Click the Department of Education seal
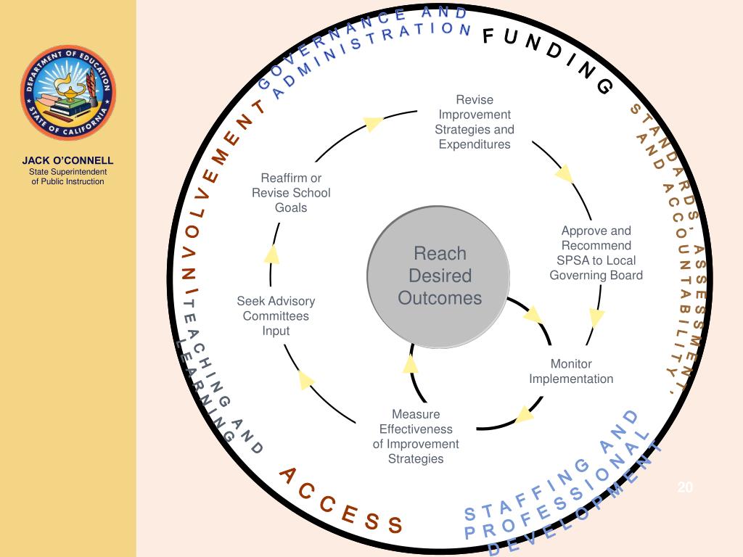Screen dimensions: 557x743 [68, 92]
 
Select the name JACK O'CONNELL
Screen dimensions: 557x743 [67, 160]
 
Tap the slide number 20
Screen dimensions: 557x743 [685, 487]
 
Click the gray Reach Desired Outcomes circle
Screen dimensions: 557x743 [439, 276]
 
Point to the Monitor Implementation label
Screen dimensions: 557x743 [571, 371]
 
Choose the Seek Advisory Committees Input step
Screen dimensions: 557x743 [276, 315]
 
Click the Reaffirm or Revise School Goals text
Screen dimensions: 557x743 [291, 193]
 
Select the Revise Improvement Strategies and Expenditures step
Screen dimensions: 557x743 [475, 122]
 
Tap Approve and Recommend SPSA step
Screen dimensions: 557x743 [596, 252]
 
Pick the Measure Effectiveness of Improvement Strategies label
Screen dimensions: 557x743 [416, 436]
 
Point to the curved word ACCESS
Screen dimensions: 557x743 [340, 501]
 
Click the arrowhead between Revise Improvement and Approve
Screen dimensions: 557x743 [564, 174]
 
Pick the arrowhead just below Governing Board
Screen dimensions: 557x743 [596, 318]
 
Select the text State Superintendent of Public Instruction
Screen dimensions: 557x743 [67, 176]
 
